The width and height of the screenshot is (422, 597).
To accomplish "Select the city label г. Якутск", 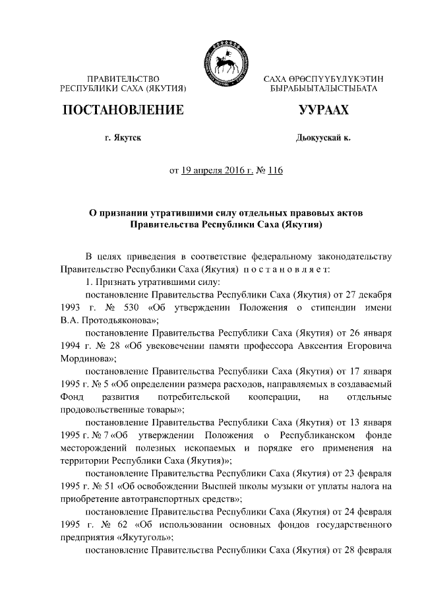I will tap(122, 137).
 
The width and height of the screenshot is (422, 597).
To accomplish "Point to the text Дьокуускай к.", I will tap(323, 137).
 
